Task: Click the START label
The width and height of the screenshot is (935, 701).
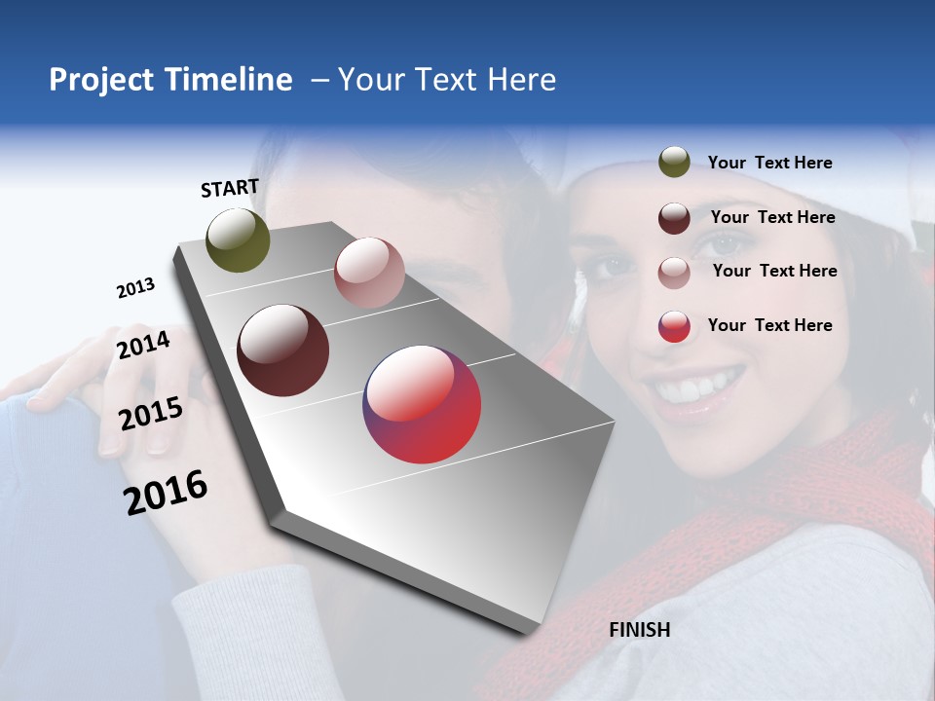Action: (x=230, y=188)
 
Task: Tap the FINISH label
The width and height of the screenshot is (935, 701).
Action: (x=639, y=630)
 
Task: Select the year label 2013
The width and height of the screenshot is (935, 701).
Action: (x=135, y=288)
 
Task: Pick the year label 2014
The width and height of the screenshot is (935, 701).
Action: (x=144, y=345)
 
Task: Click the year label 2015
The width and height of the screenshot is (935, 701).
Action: (x=151, y=414)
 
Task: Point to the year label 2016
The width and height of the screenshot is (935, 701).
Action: (x=166, y=492)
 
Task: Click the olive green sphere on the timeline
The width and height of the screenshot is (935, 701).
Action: (x=239, y=240)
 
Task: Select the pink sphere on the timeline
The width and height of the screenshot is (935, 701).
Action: (x=369, y=273)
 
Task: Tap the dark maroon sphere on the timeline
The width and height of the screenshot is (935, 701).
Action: (x=283, y=350)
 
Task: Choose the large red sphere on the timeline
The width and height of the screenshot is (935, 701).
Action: (x=422, y=404)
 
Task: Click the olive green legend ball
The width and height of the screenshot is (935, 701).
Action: (x=674, y=163)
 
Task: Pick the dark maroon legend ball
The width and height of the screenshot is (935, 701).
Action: (x=674, y=218)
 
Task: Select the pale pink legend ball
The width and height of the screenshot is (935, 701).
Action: (x=674, y=273)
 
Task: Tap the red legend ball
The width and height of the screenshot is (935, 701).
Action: (x=674, y=326)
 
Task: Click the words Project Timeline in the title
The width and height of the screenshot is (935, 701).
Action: (x=170, y=80)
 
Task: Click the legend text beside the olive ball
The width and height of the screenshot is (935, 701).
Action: (x=769, y=164)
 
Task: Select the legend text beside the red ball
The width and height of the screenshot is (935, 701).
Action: (x=769, y=325)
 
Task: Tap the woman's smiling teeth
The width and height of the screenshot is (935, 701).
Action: (x=699, y=387)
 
